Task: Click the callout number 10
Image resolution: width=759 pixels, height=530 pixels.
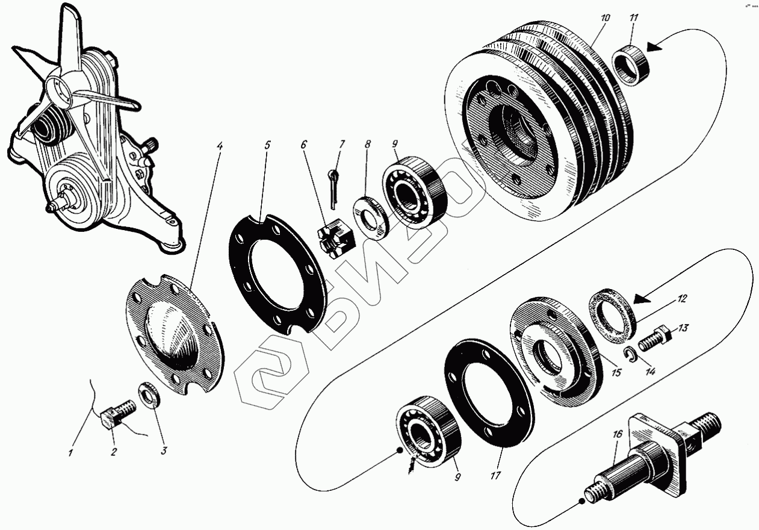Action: coord(605,19)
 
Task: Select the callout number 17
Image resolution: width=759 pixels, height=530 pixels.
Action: coord(495,476)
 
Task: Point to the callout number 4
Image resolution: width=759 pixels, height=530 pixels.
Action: coord(219,147)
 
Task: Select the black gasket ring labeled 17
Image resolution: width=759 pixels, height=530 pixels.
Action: coord(488,394)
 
